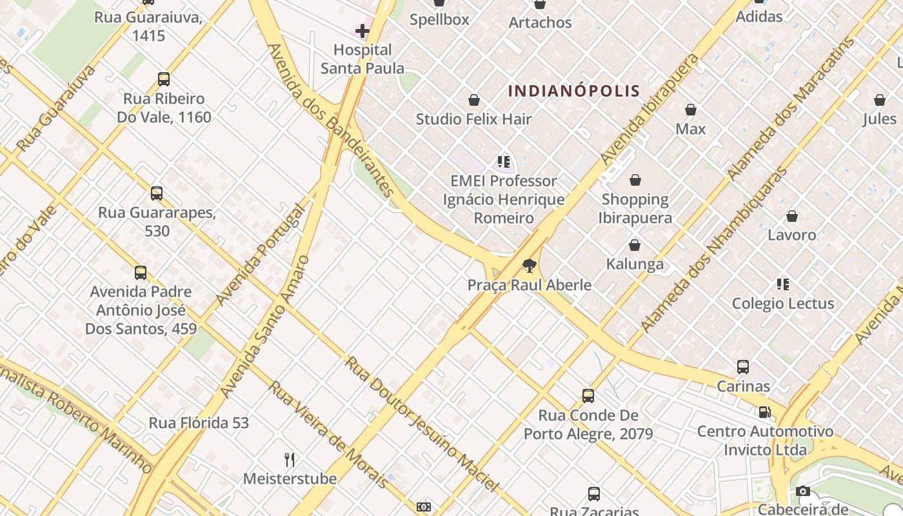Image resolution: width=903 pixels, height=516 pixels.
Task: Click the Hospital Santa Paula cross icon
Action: (x=362, y=30)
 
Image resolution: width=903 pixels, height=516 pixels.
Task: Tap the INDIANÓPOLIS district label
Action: (x=573, y=91)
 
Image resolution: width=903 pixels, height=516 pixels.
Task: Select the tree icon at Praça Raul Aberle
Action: (x=530, y=265)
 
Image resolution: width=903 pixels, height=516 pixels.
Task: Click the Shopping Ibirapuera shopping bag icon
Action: (x=635, y=180)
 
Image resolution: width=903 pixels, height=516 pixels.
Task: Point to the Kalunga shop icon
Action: (x=635, y=245)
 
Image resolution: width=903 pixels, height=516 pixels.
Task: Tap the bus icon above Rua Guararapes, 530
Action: (x=157, y=193)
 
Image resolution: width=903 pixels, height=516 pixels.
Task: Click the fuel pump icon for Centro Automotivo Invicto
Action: (x=764, y=412)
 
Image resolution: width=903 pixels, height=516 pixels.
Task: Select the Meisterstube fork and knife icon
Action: (x=290, y=459)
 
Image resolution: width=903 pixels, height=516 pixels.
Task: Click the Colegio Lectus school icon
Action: (x=783, y=284)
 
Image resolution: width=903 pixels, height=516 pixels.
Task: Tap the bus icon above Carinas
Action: (x=743, y=367)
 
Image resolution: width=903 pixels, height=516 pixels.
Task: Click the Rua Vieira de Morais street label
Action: (x=328, y=434)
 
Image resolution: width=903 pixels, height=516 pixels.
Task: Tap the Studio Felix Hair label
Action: (x=473, y=119)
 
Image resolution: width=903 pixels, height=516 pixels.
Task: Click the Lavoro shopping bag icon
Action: (x=792, y=216)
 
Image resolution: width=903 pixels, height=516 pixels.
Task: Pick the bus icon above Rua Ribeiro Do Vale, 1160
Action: (x=164, y=79)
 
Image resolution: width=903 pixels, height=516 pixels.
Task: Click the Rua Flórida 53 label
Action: (x=199, y=423)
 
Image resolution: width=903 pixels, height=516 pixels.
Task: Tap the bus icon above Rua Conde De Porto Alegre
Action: (x=588, y=396)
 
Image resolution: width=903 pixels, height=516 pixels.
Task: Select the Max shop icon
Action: (x=691, y=110)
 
